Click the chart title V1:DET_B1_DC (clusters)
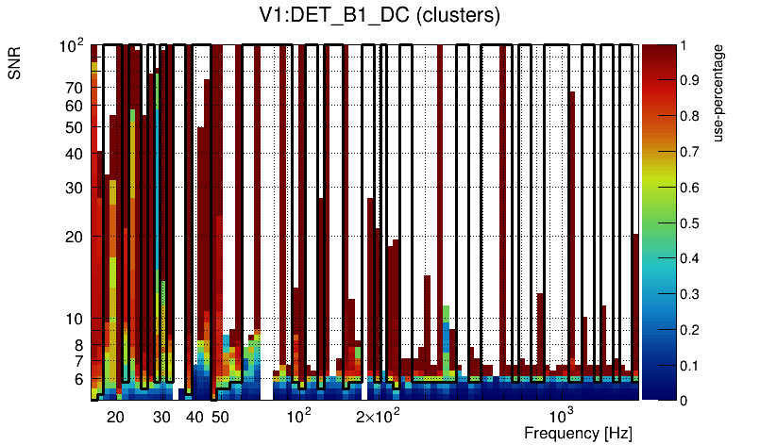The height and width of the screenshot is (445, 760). pos(379,16)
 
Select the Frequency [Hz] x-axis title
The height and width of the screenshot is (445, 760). pos(577,433)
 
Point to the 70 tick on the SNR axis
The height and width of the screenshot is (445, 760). pos(75,88)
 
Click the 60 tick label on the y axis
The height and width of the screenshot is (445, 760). pos(75,106)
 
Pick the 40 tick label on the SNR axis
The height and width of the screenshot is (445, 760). pos(75,154)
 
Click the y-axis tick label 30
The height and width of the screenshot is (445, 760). pos(75,188)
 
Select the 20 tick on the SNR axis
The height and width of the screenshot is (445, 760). pos(75,237)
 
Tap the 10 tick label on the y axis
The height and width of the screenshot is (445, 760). pos(75,320)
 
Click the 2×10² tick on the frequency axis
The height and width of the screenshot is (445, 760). pos(379,416)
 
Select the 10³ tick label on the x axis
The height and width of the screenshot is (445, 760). pos(563,416)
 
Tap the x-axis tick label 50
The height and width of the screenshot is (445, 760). pos(219,417)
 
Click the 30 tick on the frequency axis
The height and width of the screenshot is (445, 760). pos(161,417)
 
